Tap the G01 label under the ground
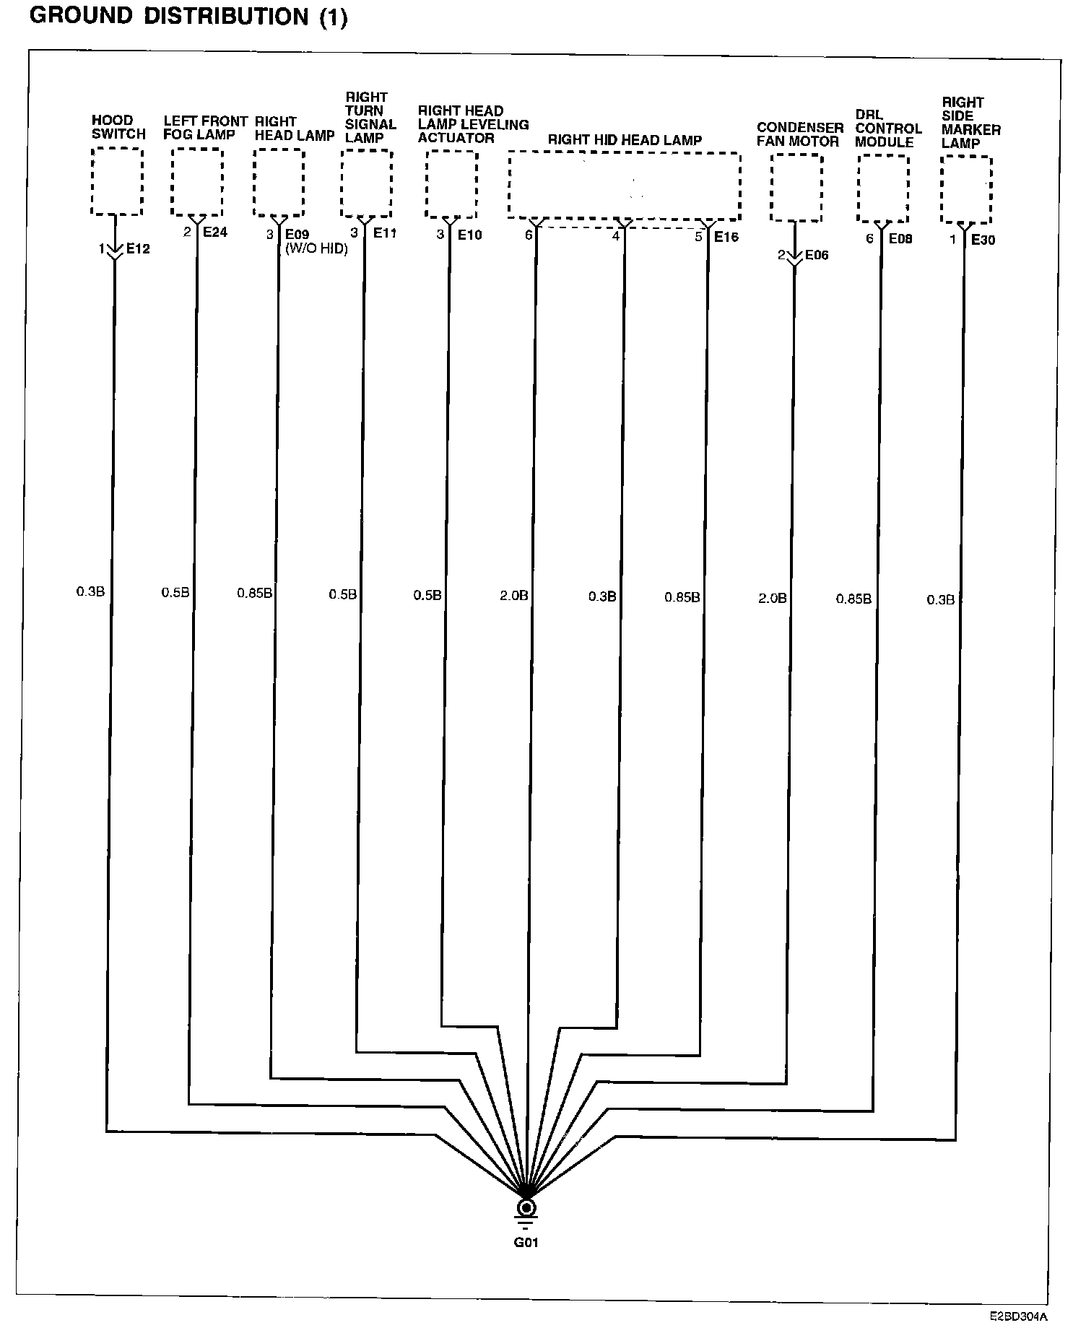click(x=526, y=1243)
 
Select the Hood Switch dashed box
click(x=117, y=181)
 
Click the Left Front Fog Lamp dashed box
click(x=197, y=182)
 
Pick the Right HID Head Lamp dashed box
click(x=625, y=185)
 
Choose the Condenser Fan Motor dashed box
click(x=796, y=188)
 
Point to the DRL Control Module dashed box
click(x=882, y=188)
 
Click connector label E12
click(x=138, y=249)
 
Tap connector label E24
click(x=215, y=233)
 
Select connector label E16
click(x=726, y=237)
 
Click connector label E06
click(x=817, y=255)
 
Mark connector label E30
click(x=983, y=240)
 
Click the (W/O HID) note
click(x=316, y=248)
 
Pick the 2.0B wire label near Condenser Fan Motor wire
click(x=772, y=598)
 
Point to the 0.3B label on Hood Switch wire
click(x=91, y=591)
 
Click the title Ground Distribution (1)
click(x=188, y=17)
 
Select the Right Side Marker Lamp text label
click(x=971, y=123)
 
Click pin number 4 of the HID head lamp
click(x=616, y=236)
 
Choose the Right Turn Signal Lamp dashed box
click(x=367, y=183)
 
